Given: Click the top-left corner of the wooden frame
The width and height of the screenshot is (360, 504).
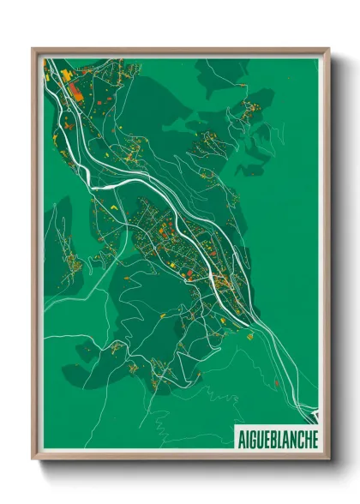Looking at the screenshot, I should (33, 49).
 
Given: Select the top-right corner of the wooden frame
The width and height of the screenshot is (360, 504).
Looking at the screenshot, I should (329, 49).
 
